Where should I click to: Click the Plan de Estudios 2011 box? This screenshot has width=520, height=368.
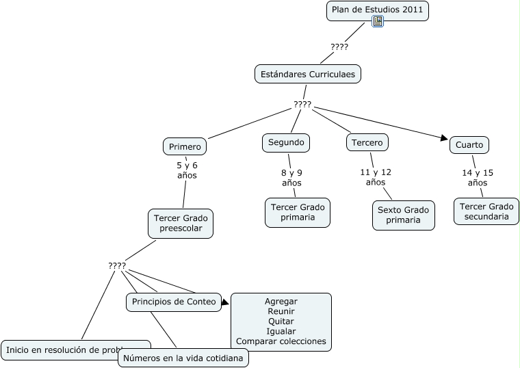pos(378,10)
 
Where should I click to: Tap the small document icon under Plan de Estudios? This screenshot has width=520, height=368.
pos(378,22)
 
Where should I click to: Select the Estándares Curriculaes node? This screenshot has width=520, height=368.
pos(308,74)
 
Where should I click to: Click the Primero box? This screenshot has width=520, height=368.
pos(185,146)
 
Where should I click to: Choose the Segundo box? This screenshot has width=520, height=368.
pos(286,142)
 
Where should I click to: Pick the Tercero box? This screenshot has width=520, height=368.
pos(367,142)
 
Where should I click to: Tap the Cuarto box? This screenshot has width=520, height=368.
pos(469,145)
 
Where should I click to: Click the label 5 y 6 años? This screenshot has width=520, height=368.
pos(187,170)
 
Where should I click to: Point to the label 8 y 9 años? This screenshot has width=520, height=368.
pos(291,178)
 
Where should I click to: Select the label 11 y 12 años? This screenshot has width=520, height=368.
pos(376,177)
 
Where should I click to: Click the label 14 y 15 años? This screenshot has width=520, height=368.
pos(478,178)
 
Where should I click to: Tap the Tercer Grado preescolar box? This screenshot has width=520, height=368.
pos(181,223)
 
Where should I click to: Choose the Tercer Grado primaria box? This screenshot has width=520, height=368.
pos(298,212)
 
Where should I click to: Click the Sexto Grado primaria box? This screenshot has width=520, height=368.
pos(404,215)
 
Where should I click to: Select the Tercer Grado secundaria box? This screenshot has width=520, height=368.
pos(486,211)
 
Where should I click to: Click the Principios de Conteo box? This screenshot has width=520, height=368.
pos(174,302)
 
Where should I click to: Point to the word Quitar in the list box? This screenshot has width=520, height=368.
pos(281,321)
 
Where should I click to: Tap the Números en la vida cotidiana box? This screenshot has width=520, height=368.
pos(183,358)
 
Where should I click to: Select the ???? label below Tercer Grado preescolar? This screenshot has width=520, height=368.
pos(117,265)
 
